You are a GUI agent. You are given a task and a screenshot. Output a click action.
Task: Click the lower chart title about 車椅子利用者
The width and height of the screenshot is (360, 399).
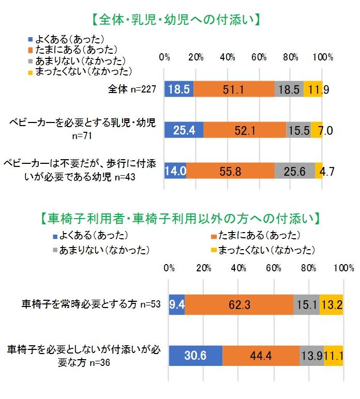(179, 218)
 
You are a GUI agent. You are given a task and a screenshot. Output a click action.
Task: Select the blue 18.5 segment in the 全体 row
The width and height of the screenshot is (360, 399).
(179, 89)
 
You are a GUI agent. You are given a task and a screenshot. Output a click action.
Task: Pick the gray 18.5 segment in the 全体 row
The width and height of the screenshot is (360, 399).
(289, 89)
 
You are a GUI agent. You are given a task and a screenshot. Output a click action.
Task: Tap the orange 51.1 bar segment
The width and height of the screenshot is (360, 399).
(234, 89)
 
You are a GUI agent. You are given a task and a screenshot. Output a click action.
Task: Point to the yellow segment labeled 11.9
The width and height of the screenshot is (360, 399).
(313, 89)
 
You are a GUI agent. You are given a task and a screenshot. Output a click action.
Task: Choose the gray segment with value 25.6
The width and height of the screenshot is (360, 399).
(294, 171)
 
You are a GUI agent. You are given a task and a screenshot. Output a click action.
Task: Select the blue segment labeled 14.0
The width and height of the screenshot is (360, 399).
(175, 171)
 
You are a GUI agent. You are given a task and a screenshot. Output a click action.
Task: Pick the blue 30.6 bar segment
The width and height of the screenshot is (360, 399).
(196, 356)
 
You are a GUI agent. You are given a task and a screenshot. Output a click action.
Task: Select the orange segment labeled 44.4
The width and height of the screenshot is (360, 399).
(261, 356)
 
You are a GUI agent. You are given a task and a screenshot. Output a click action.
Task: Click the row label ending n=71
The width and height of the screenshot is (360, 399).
(83, 131)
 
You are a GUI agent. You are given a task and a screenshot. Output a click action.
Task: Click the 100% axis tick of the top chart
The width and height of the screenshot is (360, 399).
(322, 57)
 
